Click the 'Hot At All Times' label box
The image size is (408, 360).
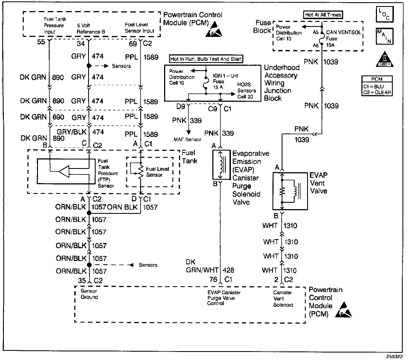point(323,15)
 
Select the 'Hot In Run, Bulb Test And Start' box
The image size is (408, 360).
point(206,59)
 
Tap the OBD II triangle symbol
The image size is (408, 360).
point(384,60)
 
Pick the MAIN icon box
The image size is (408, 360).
point(384,36)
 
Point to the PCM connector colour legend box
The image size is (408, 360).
point(377,86)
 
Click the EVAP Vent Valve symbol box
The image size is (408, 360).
point(290,191)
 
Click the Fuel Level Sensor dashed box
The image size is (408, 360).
point(150,172)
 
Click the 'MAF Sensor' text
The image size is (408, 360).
point(187,140)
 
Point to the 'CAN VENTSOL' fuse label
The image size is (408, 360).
point(344,32)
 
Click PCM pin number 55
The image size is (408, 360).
point(41,43)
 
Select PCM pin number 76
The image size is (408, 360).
point(213,279)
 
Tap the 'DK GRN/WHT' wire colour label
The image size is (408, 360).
point(202,266)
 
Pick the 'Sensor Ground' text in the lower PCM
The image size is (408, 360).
point(89,294)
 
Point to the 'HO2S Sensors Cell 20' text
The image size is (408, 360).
point(246,91)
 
